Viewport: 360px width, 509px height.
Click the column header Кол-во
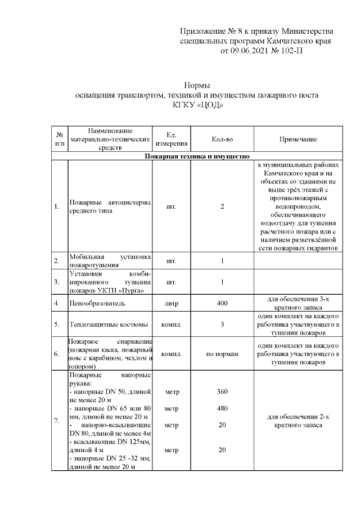coord(222,139)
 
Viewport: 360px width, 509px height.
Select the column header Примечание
coord(298,139)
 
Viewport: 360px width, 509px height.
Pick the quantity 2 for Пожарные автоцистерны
coord(222,207)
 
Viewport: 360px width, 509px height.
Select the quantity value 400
coord(222,304)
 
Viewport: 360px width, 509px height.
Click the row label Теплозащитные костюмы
coord(109,325)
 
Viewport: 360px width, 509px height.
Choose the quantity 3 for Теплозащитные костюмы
coord(222,325)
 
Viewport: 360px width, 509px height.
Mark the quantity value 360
coord(222,391)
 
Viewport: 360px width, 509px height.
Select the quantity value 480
coord(222,408)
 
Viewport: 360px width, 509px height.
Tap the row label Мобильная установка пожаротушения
coord(109,261)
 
